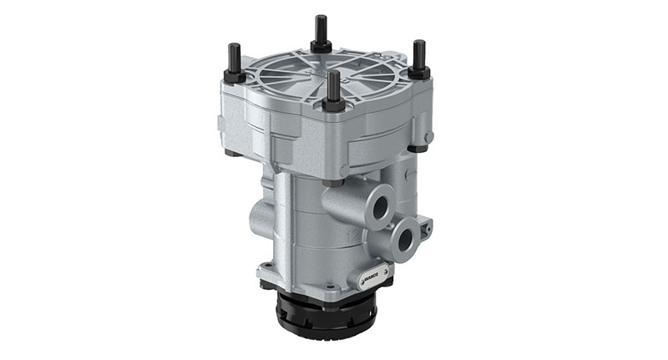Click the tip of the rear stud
tap(321, 18)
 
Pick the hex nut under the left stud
tap(235, 77)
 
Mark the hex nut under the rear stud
tap(321, 45)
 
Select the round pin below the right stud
tap(428, 137)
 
